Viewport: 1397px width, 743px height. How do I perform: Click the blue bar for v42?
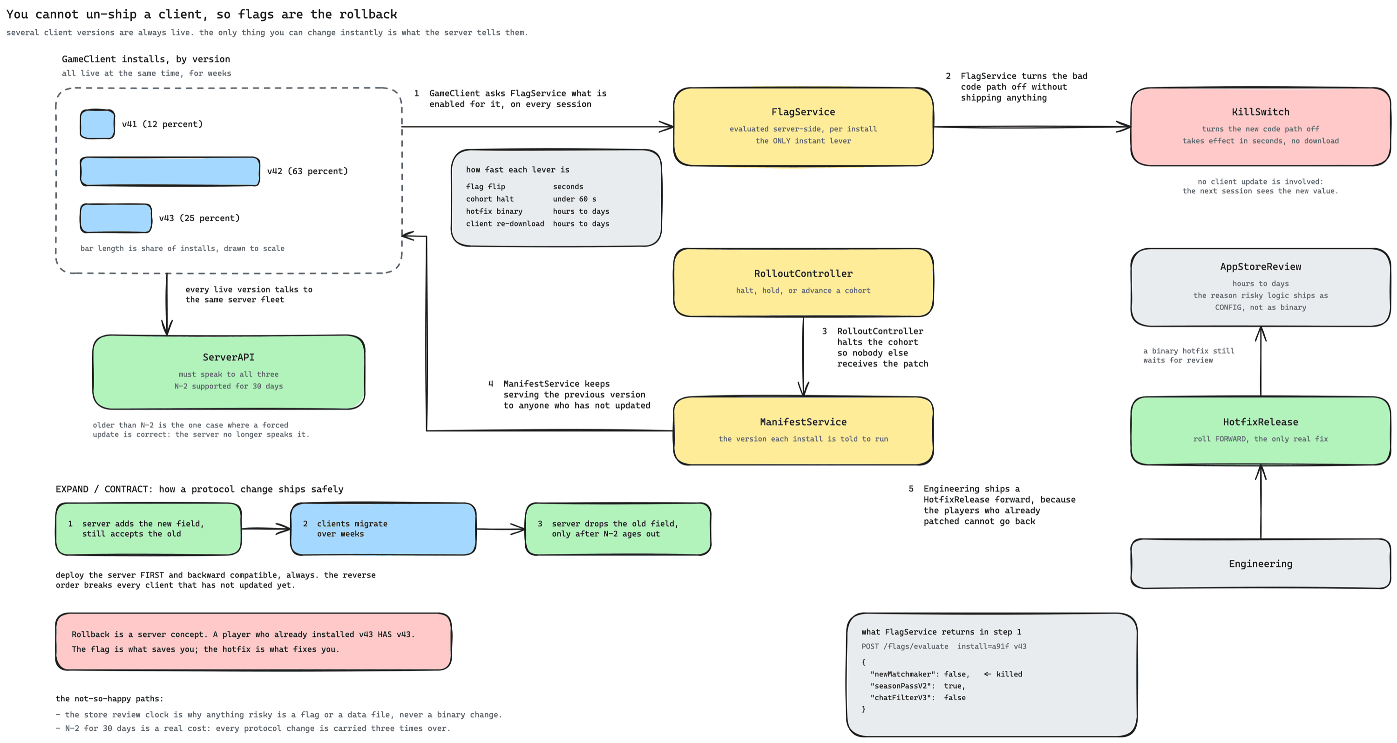click(170, 171)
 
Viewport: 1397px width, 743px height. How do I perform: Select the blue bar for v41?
click(98, 124)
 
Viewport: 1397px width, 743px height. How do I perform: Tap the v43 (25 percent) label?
click(199, 218)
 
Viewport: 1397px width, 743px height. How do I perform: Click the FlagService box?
click(803, 127)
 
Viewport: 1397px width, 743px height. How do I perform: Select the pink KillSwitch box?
click(1261, 127)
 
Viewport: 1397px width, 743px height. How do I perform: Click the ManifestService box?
click(803, 430)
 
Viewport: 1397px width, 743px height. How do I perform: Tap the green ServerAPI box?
click(228, 372)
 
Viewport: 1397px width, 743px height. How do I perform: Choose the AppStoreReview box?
click(1261, 287)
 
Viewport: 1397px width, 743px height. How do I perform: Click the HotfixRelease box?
click(1261, 430)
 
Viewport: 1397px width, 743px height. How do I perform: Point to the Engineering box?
click(1261, 564)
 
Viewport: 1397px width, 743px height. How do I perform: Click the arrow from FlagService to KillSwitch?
click(1032, 127)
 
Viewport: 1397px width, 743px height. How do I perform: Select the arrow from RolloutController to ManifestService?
click(803, 357)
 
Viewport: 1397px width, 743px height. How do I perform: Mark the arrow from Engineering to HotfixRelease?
click(1261, 502)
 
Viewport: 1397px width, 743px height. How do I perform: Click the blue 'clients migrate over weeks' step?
click(383, 529)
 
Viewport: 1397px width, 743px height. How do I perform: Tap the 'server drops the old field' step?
click(617, 529)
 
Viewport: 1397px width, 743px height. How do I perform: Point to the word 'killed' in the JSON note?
click(1009, 674)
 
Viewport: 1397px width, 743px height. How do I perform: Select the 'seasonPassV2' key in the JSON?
click(902, 686)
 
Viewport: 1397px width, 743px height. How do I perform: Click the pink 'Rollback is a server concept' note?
click(253, 641)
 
